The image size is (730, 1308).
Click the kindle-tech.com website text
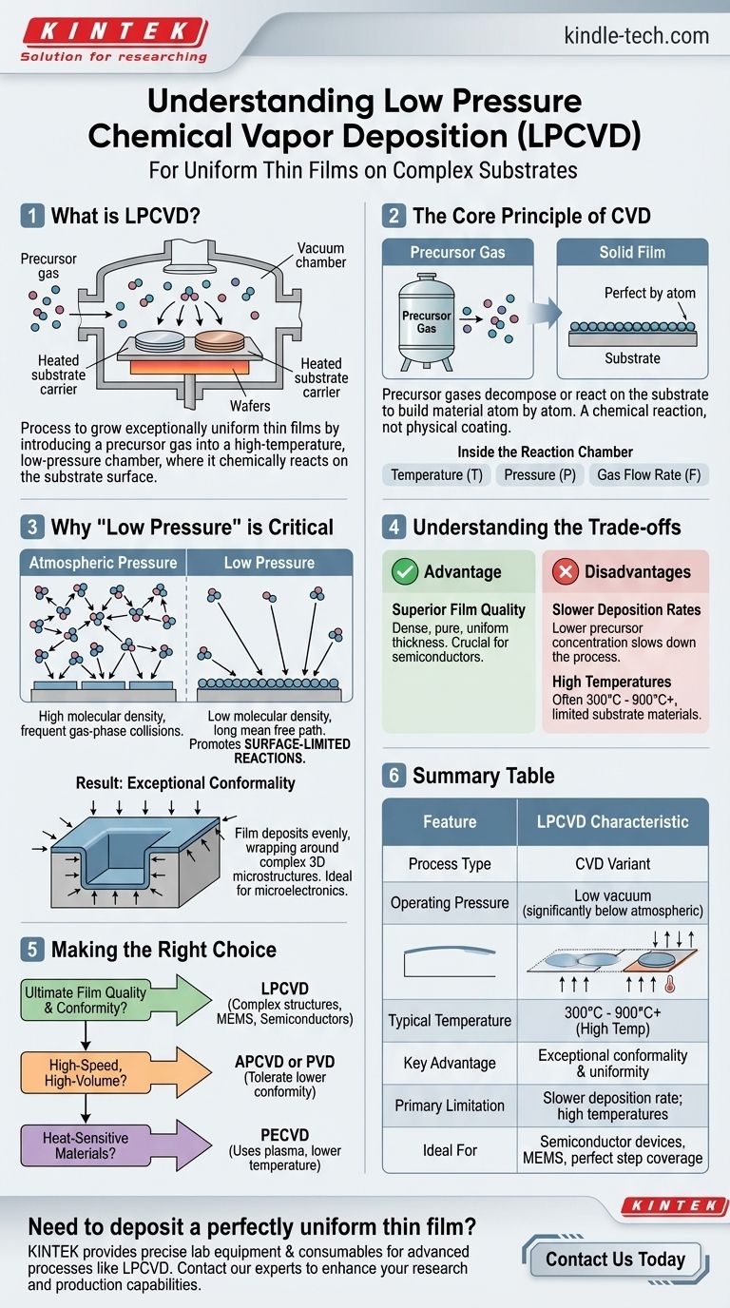click(x=623, y=36)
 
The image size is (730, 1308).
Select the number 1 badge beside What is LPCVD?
click(x=31, y=216)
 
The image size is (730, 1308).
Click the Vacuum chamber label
click(x=320, y=255)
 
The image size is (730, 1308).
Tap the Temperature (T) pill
click(x=436, y=474)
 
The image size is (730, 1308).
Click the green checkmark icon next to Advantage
click(x=405, y=571)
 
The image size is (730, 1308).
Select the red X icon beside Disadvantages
click(x=566, y=571)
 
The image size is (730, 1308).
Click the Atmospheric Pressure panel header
click(x=103, y=563)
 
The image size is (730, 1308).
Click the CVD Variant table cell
click(x=612, y=864)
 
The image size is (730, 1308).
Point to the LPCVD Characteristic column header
click(x=612, y=821)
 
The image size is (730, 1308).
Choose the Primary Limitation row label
click(x=450, y=1106)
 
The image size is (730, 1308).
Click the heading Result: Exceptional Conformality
click(x=185, y=783)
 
